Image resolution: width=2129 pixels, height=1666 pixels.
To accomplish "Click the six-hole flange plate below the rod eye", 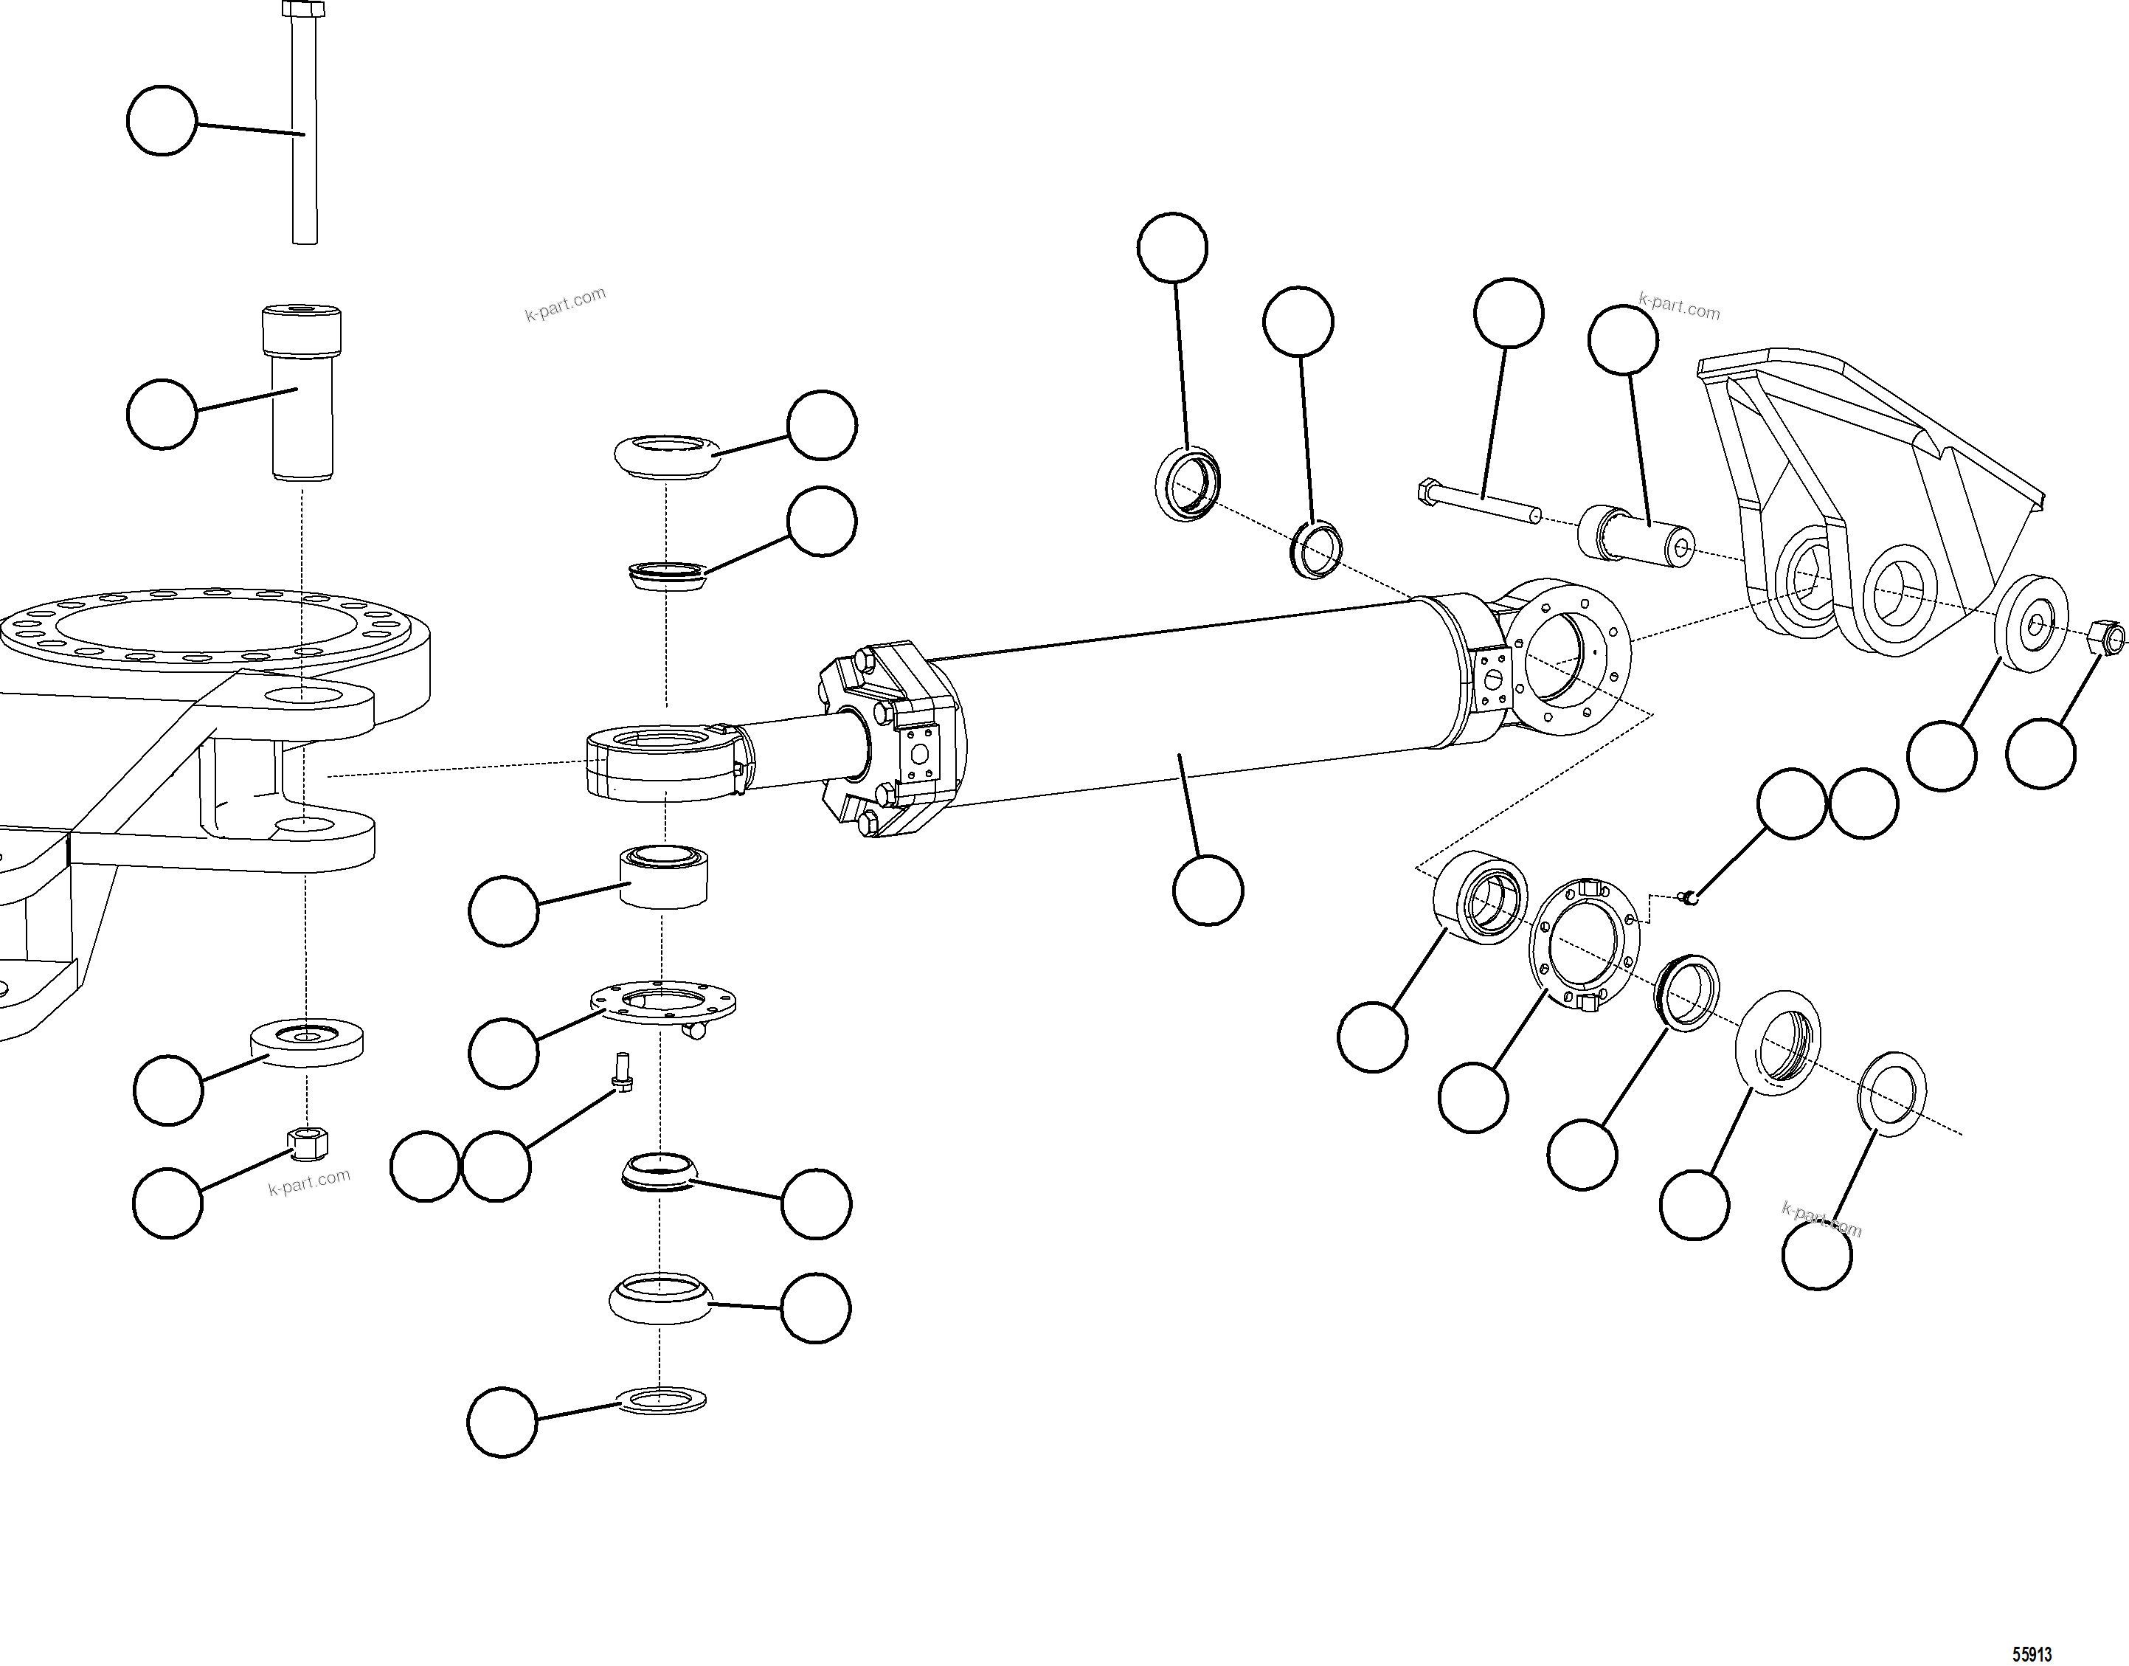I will click(x=663, y=1002).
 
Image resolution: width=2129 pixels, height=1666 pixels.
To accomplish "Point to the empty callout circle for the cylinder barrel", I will click(x=1208, y=890).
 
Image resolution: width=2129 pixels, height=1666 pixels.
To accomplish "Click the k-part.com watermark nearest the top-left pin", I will click(x=564, y=303).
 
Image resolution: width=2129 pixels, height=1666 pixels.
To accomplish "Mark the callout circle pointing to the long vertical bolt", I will click(x=162, y=120).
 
